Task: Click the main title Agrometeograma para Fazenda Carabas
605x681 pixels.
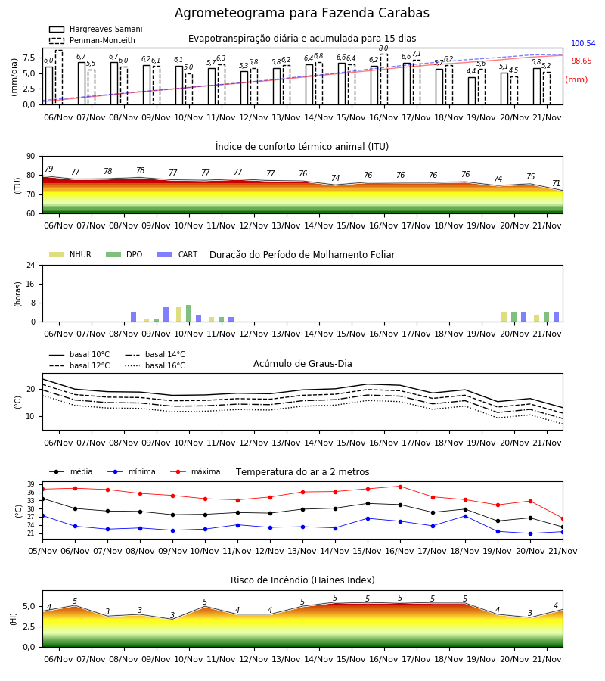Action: pos(302,13)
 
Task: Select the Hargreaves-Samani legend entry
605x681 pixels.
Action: pos(95,29)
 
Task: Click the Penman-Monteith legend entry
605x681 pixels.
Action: pos(92,40)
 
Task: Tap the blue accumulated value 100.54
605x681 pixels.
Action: pos(583,43)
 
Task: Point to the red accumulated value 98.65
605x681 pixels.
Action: pos(582,61)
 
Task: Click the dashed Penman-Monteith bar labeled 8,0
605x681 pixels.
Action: pos(384,79)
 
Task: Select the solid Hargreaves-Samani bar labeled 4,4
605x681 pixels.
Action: pos(472,91)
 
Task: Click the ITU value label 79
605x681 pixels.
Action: pos(49,169)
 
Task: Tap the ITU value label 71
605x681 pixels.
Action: pos(557,183)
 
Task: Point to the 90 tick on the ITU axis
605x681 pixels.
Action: pos(31,157)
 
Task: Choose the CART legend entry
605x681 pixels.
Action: pos(178,254)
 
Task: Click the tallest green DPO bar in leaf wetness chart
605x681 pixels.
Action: pos(189,313)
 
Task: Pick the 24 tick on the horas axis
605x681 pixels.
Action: pos(31,265)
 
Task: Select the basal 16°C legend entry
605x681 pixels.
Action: pos(155,365)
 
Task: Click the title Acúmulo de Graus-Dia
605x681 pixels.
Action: pos(302,364)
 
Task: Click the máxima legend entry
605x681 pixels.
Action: pos(195,471)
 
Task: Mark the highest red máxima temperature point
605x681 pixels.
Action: pos(400,487)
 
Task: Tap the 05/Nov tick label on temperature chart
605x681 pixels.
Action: pos(42,551)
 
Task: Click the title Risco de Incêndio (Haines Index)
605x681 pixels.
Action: pos(302,580)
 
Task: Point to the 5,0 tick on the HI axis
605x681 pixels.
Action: pos(29,606)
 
